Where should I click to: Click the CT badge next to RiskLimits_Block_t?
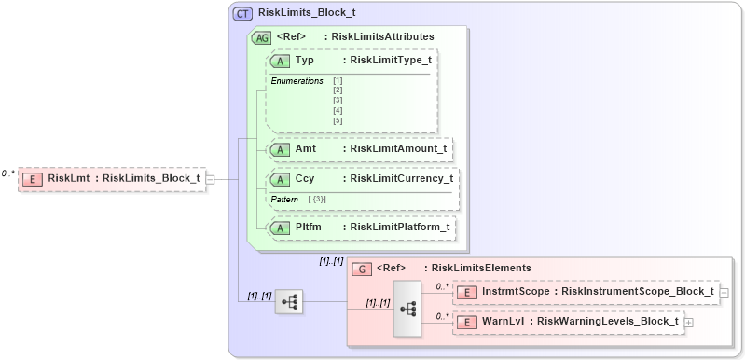[x=242, y=14]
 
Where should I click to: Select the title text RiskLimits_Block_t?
[x=306, y=14]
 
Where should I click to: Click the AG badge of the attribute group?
[x=262, y=37]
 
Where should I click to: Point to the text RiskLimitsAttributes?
[x=383, y=37]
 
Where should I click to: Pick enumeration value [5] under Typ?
[x=338, y=120]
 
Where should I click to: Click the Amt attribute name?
[x=306, y=148]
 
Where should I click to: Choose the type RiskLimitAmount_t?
[x=395, y=148]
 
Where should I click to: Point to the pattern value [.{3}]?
[x=316, y=200]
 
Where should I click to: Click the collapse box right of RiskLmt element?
[x=211, y=179]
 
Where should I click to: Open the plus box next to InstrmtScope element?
[x=724, y=292]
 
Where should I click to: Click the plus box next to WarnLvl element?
[x=689, y=322]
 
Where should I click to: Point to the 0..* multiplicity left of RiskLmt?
[x=8, y=173]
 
